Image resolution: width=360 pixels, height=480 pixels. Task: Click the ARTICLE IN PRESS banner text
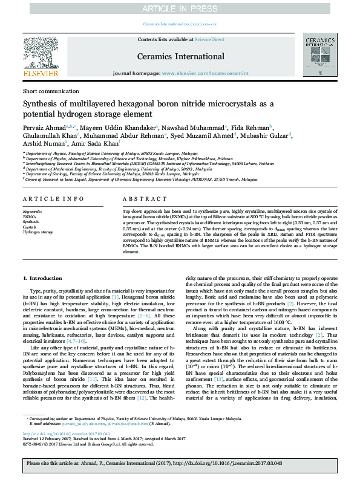click(x=180, y=8)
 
